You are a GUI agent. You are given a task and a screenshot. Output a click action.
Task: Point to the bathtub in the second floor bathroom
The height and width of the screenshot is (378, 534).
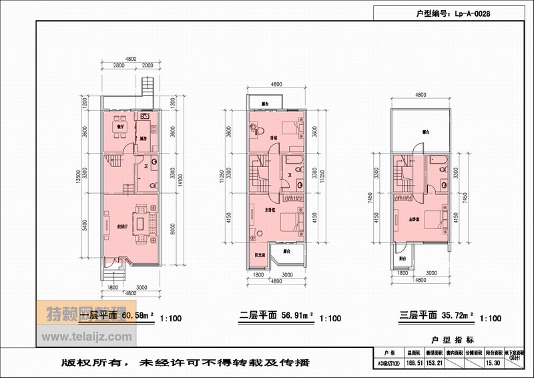click(293, 162)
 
